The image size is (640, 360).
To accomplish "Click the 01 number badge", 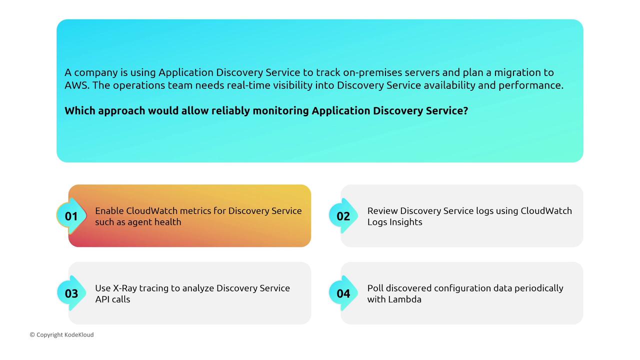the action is (x=71, y=216).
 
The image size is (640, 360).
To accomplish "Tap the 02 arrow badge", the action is (x=343, y=216).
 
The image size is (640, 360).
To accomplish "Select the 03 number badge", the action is (x=71, y=293).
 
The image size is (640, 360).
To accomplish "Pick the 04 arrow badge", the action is (x=343, y=293).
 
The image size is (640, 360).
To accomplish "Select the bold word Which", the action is (x=79, y=110).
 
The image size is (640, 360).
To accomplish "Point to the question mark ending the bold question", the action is (x=465, y=110).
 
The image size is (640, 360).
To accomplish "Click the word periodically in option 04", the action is (x=539, y=288).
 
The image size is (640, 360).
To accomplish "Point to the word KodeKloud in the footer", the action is (x=79, y=334).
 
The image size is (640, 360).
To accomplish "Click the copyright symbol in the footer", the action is (x=32, y=334).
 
